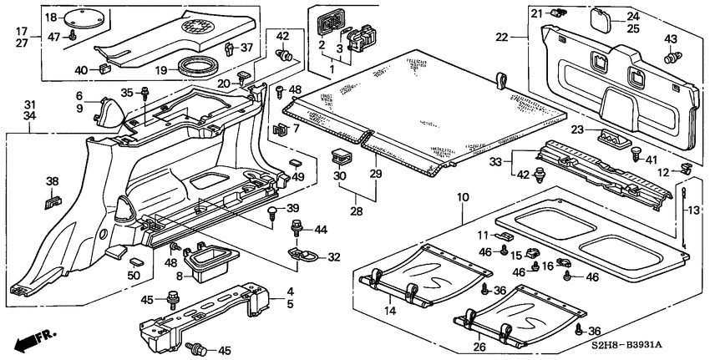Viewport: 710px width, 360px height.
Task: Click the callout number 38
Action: tap(52, 181)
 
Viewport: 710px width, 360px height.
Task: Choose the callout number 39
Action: tap(292, 207)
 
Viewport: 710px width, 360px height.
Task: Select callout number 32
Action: tap(335, 257)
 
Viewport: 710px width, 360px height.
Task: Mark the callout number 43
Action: tap(671, 40)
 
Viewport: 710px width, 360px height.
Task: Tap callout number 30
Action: tap(338, 176)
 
